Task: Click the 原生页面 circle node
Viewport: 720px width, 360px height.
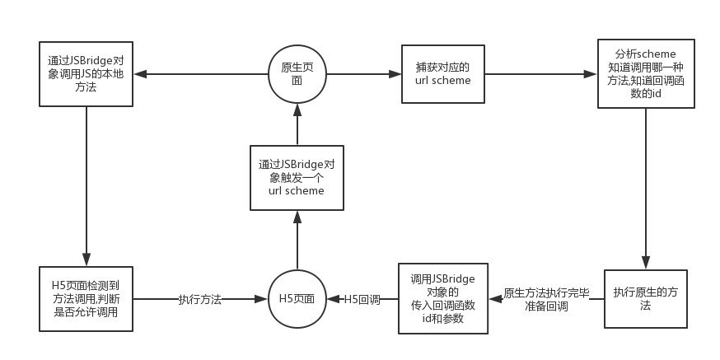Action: (x=297, y=74)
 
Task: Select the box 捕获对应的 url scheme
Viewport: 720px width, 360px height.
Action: (x=442, y=74)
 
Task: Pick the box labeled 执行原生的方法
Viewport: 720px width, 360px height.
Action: (x=645, y=299)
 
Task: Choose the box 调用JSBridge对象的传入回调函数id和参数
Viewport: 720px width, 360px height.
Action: (x=442, y=298)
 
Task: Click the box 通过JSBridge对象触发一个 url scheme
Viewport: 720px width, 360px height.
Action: (x=297, y=177)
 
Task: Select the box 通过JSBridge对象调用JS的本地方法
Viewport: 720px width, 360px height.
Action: (x=86, y=74)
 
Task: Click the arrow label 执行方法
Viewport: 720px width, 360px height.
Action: (x=200, y=299)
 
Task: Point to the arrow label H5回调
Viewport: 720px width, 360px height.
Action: (x=362, y=299)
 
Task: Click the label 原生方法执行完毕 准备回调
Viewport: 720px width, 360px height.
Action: (x=545, y=299)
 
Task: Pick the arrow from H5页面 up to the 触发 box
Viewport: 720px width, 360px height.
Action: (x=297, y=240)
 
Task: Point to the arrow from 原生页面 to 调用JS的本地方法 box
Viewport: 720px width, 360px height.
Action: (x=201, y=74)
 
